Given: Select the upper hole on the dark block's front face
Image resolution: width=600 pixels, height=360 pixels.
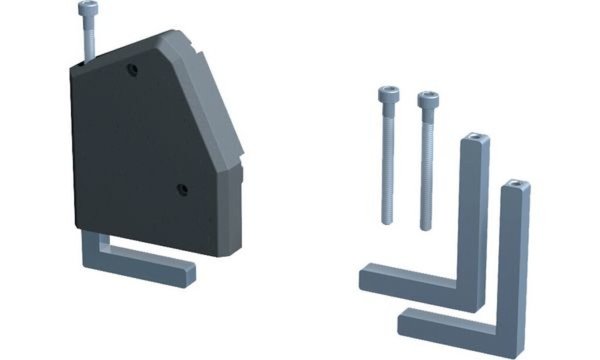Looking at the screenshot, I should pos(132,70).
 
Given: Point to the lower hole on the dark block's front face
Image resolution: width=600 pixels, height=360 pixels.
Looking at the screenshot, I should pos(181,188).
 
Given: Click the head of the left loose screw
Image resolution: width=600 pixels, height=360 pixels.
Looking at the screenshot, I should pos(388,96).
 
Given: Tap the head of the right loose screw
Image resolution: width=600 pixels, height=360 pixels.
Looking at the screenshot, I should pos(427,98).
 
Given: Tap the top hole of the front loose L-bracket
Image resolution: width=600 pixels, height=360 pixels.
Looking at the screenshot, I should pos(514,186).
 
